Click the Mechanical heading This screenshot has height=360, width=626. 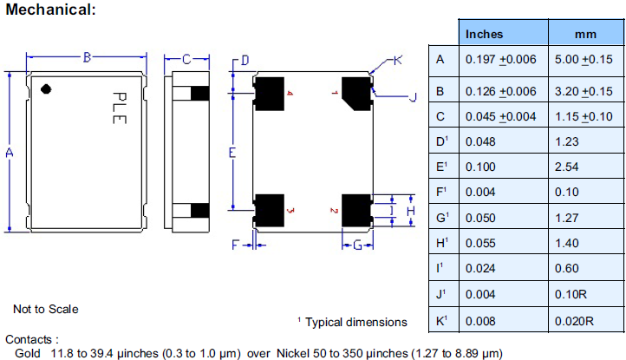coord(50,10)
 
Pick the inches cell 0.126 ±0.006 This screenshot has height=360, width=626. coord(501,91)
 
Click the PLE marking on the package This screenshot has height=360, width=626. coord(119,108)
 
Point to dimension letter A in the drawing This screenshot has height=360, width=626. coord(9,153)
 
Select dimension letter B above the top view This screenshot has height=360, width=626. coord(87,58)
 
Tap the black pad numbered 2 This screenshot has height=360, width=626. coord(355,210)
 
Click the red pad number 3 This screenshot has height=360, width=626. coord(290,210)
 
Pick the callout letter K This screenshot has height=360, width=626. coord(397,60)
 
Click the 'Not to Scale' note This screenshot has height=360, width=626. coord(45,309)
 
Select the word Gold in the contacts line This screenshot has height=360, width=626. coord(28,353)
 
